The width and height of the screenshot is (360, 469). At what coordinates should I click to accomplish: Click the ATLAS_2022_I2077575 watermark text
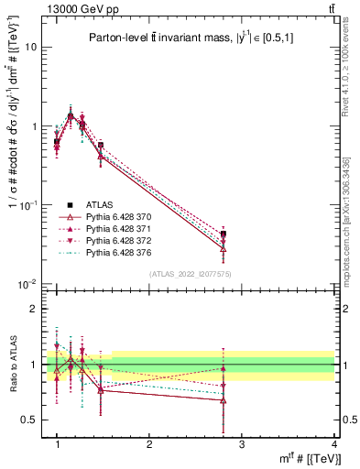pos(190,273)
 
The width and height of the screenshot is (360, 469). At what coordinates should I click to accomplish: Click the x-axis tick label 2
pos(149,444)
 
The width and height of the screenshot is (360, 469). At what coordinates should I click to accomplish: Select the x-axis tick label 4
pos(333,444)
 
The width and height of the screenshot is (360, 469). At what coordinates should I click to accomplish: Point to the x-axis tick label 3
pos(241,444)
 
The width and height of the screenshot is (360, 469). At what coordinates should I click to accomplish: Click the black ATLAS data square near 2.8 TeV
pos(224,234)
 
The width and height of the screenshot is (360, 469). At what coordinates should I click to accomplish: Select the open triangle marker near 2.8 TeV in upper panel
pos(224,248)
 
